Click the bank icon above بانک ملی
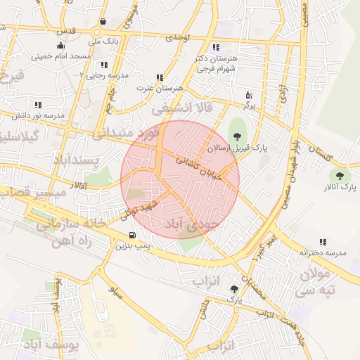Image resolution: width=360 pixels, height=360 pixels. (104, 21)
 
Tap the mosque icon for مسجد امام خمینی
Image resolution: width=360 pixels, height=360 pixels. (61, 45)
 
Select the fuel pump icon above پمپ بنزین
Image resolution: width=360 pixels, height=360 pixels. (132, 235)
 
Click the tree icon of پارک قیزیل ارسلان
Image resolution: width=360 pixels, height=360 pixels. (236, 136)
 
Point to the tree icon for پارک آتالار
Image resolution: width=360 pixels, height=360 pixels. (340, 176)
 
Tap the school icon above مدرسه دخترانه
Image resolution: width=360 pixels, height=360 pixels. (323, 241)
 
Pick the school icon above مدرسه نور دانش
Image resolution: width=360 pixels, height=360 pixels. (38, 105)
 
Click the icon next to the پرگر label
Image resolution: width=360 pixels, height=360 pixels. (248, 94)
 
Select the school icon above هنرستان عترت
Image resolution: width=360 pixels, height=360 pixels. (160, 77)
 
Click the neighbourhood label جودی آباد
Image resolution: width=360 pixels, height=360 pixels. (192, 224)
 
